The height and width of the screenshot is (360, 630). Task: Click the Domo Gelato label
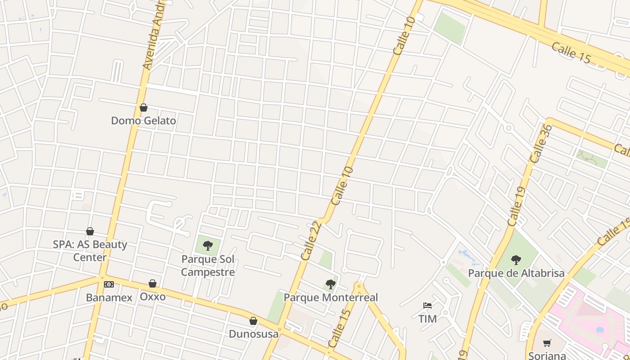coord(144,121)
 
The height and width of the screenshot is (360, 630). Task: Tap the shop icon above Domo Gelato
coord(144,108)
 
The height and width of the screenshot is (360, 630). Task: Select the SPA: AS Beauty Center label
coord(90,251)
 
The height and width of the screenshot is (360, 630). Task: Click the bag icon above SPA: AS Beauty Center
coord(90,231)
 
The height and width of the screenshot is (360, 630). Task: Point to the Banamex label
coord(109,297)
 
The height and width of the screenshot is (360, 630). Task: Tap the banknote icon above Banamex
coord(109,284)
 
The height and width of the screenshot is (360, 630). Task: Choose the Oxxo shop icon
coord(153,283)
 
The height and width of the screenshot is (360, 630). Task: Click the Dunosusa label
coord(254,333)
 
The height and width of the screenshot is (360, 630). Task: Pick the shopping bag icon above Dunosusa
coord(253,321)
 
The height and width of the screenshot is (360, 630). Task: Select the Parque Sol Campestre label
coord(208,265)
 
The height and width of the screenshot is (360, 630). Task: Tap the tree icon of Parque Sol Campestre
coord(208,245)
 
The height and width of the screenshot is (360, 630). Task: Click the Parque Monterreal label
coord(331,297)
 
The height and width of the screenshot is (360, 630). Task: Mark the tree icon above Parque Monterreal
coord(331,284)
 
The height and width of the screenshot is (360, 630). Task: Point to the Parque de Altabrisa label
coord(516,273)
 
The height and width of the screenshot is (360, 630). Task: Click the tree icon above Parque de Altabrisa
coord(516,260)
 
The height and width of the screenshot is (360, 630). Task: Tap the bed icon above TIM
coord(427,306)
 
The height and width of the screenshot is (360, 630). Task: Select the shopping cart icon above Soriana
coord(547,343)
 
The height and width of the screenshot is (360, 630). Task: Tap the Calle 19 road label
coord(517,207)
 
